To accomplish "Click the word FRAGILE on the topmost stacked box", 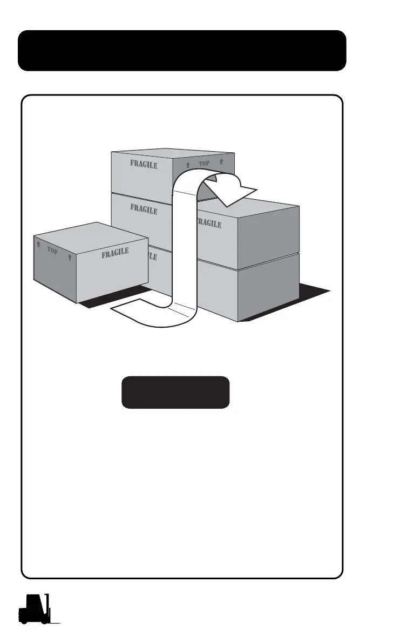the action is (x=143, y=164).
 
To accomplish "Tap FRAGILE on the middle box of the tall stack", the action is (x=143, y=208).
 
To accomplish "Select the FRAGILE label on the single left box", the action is (x=115, y=253).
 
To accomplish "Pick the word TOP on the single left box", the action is (x=52, y=251).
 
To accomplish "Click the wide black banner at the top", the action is (x=182, y=51).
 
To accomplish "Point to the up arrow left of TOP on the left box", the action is (x=38, y=244).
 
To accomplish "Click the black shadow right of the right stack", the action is (x=313, y=300).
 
